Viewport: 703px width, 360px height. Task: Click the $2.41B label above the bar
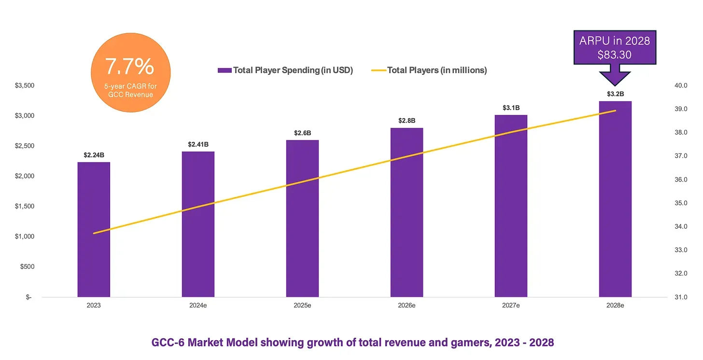pos(198,144)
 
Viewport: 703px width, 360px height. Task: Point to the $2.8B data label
pos(407,120)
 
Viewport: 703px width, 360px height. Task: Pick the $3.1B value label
pos(511,108)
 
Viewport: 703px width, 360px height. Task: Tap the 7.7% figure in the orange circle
pos(130,67)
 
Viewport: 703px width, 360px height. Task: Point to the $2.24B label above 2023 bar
pos(94,155)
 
